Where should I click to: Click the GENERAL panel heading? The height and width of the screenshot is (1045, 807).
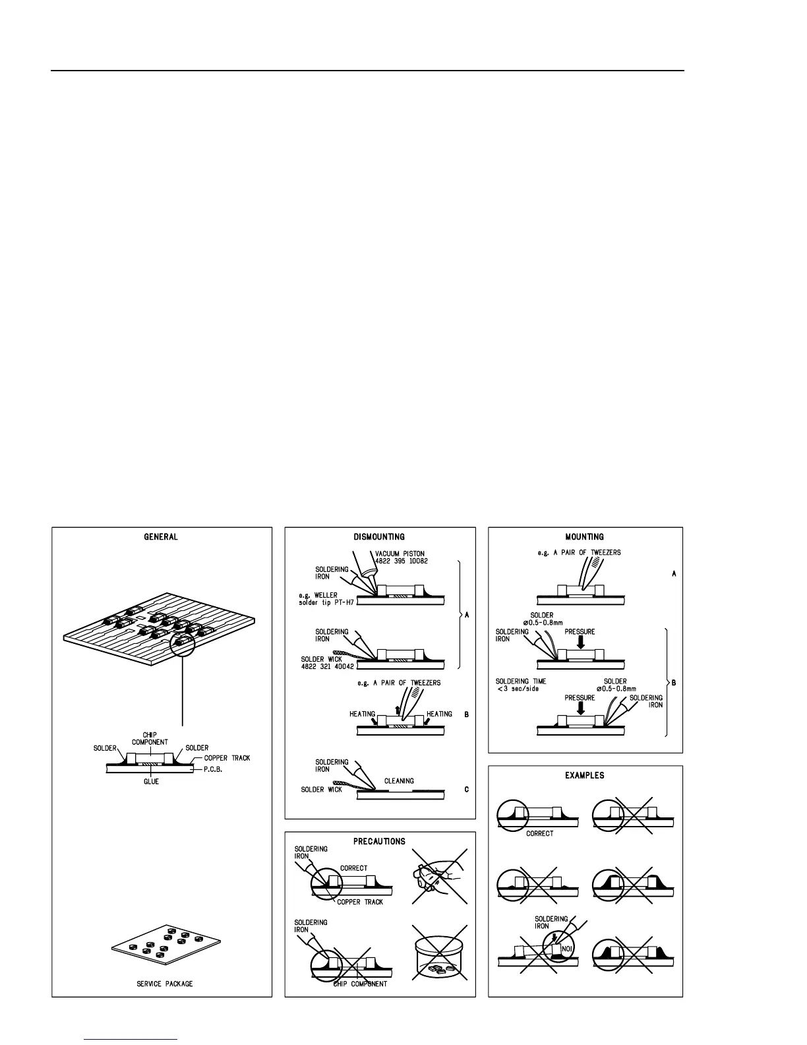[161, 537]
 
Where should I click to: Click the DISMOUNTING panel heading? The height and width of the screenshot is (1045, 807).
[379, 537]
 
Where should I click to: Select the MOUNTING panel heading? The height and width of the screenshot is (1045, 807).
[584, 537]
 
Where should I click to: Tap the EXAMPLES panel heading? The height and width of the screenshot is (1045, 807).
[584, 775]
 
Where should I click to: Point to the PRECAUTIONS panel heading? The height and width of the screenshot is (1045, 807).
[379, 841]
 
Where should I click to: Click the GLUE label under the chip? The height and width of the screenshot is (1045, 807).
[151, 781]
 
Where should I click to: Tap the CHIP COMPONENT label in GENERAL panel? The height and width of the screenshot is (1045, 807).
[150, 738]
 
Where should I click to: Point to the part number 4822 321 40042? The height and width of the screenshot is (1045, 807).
[327, 666]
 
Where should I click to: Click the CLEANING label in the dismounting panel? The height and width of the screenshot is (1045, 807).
[399, 780]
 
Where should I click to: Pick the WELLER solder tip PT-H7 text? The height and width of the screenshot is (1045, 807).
[324, 600]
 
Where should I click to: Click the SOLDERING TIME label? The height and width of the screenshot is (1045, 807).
[521, 681]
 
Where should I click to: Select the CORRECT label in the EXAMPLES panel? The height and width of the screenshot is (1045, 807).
[539, 834]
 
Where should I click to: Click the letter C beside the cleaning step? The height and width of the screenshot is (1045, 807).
[466, 790]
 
